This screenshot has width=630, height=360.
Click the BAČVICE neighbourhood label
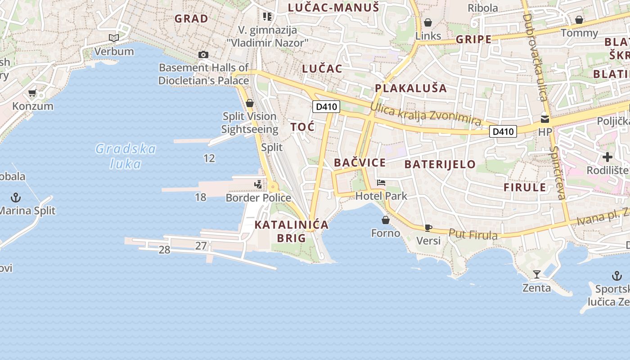pyautogui.click(x=360, y=163)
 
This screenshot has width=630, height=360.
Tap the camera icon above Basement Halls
pyautogui.click(x=203, y=55)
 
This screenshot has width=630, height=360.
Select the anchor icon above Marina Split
pyautogui.click(x=16, y=198)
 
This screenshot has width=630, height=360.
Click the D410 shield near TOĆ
pyautogui.click(x=326, y=107)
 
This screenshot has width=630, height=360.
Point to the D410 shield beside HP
pyautogui.click(x=503, y=131)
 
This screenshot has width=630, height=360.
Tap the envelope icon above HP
pyautogui.click(x=545, y=119)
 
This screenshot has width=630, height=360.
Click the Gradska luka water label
pyautogui.click(x=126, y=156)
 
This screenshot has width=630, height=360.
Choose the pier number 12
pyautogui.click(x=209, y=158)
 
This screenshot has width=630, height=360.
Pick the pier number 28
pyautogui.click(x=164, y=250)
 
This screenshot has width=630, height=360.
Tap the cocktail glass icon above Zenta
pyautogui.click(x=536, y=274)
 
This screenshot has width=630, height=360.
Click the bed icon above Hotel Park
pyautogui.click(x=381, y=183)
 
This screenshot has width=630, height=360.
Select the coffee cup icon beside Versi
pyautogui.click(x=428, y=228)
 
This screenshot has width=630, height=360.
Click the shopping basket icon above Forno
pyautogui.click(x=386, y=220)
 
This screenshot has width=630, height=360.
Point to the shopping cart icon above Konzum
pyautogui.click(x=32, y=93)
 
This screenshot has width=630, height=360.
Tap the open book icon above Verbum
pyautogui.click(x=114, y=38)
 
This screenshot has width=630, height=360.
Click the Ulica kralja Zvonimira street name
pyautogui.click(x=426, y=113)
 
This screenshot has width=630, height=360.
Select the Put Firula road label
pyautogui.click(x=473, y=234)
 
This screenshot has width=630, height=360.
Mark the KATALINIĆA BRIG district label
pyautogui.click(x=292, y=231)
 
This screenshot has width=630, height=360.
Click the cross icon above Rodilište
pyautogui.click(x=607, y=157)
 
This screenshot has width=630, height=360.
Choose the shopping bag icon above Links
pyautogui.click(x=428, y=22)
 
